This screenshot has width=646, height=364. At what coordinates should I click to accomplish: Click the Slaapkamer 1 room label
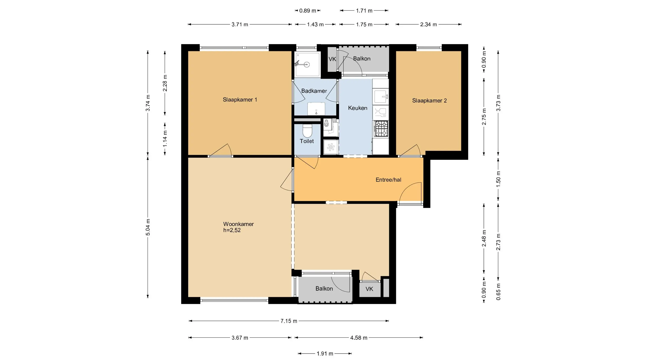(x=240, y=100)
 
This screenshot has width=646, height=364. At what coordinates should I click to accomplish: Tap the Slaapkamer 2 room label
(x=429, y=101)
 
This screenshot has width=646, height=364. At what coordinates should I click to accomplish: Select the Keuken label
(x=358, y=108)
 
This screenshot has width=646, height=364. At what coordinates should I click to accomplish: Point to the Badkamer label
(x=314, y=91)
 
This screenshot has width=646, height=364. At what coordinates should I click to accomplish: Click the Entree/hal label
(x=388, y=180)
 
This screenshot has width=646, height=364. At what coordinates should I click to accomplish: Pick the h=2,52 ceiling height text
(x=232, y=230)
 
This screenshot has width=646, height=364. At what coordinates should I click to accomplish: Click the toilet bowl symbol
(x=307, y=131)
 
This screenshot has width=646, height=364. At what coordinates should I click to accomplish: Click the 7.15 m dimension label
(x=289, y=321)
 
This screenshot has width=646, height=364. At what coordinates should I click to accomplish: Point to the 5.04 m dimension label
(x=148, y=227)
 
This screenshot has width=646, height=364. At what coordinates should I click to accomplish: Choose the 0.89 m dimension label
(x=308, y=11)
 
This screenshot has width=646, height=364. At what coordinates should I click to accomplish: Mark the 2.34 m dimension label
(x=428, y=25)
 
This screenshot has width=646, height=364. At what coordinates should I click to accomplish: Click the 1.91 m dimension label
(x=325, y=354)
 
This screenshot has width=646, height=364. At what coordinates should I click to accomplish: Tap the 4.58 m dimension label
(x=359, y=338)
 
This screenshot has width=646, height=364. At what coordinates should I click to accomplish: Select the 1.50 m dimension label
(x=498, y=179)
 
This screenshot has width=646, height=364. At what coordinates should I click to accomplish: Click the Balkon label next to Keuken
(x=362, y=58)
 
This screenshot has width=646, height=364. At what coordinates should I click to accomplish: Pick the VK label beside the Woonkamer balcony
(x=369, y=289)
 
